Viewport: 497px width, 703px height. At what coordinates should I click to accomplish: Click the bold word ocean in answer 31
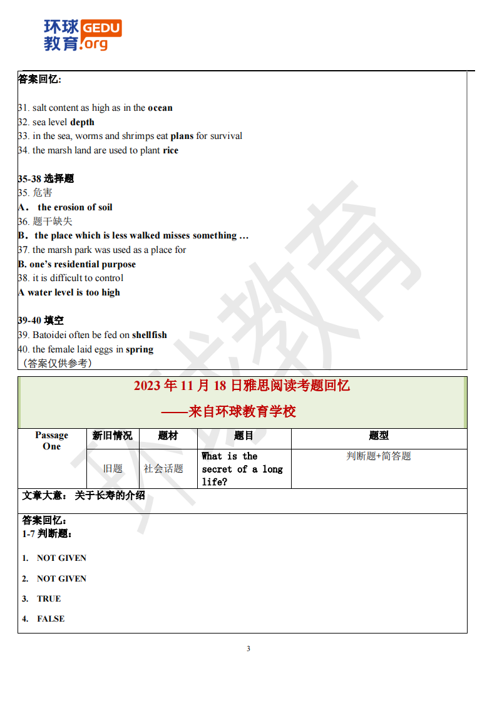coord(160,108)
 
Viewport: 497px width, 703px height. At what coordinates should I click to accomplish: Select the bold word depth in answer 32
coord(82,122)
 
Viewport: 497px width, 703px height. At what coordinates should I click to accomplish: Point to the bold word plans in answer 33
coord(182,136)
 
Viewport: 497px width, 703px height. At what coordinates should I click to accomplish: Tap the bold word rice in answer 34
coord(170,150)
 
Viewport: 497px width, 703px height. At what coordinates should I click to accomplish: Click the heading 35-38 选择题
coord(46,178)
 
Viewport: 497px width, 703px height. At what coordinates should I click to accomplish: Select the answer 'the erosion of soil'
coord(75,207)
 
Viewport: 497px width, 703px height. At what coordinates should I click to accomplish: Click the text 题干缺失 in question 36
coord(53,221)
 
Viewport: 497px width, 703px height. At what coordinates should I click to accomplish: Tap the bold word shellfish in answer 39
coord(150,335)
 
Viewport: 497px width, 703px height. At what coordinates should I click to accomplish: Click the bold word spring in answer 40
coord(139,349)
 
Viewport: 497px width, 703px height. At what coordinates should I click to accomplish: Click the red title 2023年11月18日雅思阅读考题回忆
coord(242,386)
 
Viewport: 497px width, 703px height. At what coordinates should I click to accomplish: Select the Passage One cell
coord(52,441)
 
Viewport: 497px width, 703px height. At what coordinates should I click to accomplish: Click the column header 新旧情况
coord(112,436)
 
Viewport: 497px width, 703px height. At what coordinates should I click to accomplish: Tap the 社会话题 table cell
coord(163,468)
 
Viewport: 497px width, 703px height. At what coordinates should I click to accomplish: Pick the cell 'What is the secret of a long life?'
coord(242,469)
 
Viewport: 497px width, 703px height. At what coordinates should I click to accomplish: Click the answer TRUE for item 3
coord(49,598)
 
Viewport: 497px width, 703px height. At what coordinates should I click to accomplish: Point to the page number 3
coord(248,649)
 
